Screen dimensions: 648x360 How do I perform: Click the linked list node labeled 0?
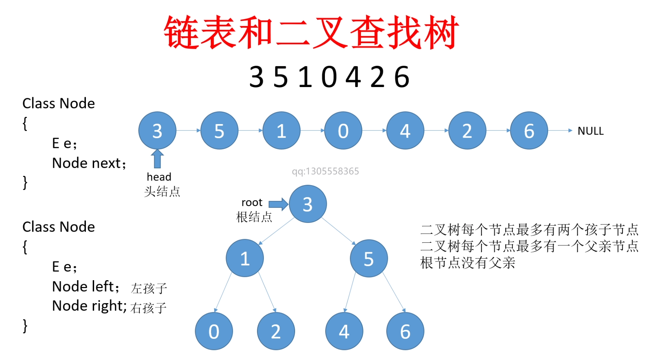(x=343, y=131)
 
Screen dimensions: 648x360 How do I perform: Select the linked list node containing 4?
(x=405, y=131)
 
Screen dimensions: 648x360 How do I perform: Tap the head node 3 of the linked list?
(x=157, y=131)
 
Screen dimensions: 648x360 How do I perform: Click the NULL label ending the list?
(x=590, y=131)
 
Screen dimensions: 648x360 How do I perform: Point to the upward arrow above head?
(x=157, y=159)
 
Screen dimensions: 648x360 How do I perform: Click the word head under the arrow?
(x=159, y=177)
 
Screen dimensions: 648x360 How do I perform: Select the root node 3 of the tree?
(x=308, y=204)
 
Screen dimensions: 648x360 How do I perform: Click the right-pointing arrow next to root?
(x=278, y=204)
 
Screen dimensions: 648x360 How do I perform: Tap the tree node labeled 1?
(x=245, y=258)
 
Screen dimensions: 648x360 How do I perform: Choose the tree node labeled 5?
(x=369, y=258)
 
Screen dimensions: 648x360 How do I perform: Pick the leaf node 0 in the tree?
(x=214, y=331)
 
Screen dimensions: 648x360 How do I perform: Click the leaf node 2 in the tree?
(x=276, y=331)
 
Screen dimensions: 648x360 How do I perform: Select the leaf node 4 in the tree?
(x=344, y=331)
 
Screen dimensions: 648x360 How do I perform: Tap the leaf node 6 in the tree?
(x=405, y=331)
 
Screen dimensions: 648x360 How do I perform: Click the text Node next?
(x=89, y=163)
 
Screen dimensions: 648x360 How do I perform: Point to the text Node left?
(x=86, y=287)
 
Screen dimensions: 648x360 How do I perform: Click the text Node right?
(x=89, y=306)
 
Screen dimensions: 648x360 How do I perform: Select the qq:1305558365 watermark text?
(x=325, y=171)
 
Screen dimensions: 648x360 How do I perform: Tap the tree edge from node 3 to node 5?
(x=338, y=231)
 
